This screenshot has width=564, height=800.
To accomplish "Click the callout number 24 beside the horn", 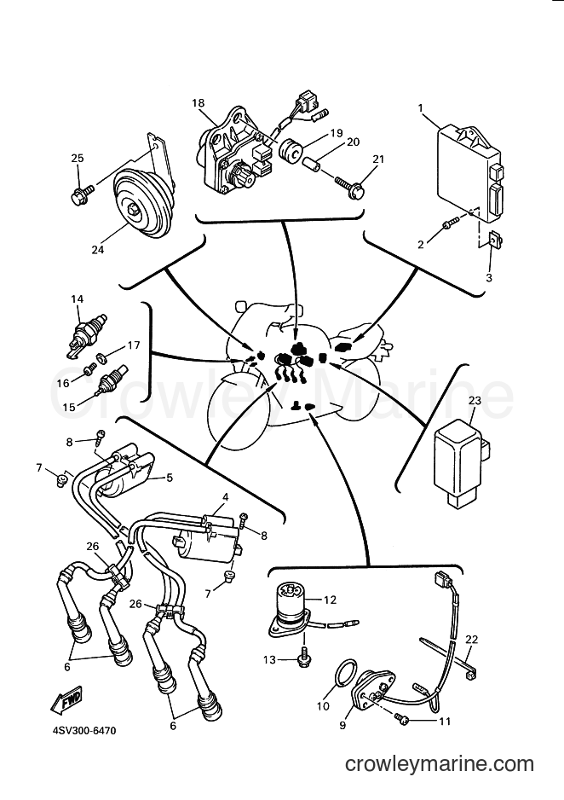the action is coord(97,250).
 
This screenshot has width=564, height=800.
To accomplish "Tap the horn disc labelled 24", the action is coord(142,204).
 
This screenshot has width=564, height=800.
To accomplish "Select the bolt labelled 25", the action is coord(82,194).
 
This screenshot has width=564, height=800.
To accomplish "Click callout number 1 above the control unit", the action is coord(421,108).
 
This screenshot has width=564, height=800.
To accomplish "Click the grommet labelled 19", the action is coord(291,150).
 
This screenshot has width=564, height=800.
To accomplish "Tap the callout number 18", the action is coord(198,103).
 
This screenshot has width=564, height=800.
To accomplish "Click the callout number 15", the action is coord(69,407).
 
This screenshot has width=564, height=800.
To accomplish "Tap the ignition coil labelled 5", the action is coord(126,472).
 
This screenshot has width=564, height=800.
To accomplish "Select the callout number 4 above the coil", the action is coord(225,497).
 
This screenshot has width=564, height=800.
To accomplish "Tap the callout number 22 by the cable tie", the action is coord(472,640).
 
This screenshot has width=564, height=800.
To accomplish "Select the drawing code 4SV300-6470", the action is coord(84,731).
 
